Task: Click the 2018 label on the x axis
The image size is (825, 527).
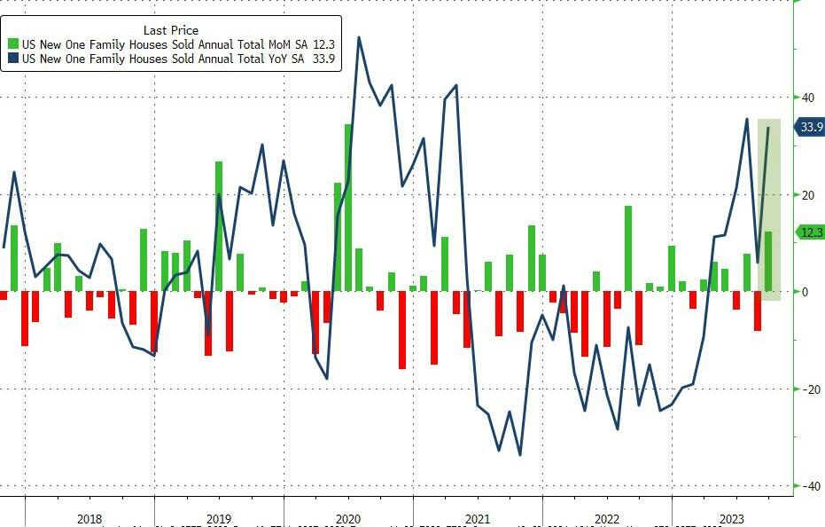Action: point(90,519)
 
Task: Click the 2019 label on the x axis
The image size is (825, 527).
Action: point(218,519)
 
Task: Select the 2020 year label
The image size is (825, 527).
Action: point(347,519)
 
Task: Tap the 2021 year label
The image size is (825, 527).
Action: point(477,519)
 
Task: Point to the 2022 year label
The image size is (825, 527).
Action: point(606,519)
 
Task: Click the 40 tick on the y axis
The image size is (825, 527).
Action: point(807,98)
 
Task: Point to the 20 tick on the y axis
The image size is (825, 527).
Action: point(807,195)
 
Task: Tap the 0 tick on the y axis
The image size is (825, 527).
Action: point(804,292)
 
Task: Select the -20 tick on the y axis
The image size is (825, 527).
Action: point(807,389)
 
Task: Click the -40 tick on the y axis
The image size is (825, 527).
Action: point(807,486)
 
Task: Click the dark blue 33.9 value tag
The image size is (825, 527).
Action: point(811,128)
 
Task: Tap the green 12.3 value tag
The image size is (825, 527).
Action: point(811,232)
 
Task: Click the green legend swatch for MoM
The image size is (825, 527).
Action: point(12,44)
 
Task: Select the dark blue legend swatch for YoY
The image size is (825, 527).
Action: point(12,59)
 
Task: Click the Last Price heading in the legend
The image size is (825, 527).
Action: point(171,29)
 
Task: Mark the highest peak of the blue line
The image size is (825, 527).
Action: point(359,38)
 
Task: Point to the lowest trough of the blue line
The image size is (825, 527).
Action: point(519,455)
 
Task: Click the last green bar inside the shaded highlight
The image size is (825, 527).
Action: point(768,262)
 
